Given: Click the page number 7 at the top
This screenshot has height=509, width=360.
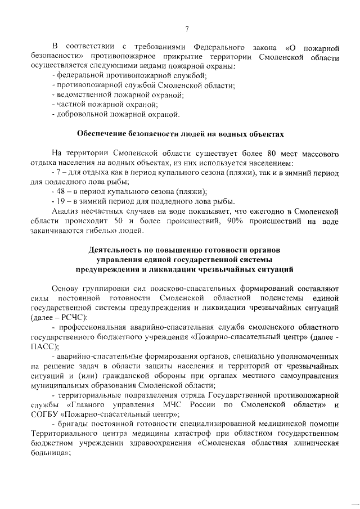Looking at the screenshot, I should pos(186,30).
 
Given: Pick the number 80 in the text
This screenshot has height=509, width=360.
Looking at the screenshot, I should pos(273,153).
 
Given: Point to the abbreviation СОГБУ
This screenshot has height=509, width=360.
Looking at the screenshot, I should pos(46,415).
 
